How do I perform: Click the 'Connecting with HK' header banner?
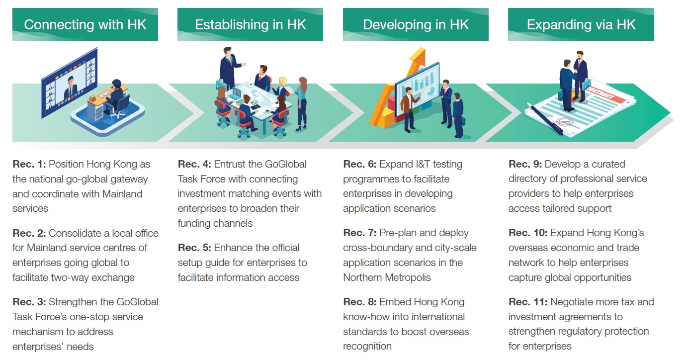[85, 24]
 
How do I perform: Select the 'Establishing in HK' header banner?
[250, 24]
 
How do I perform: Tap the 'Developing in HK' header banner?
[416, 24]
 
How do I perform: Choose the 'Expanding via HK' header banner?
[581, 24]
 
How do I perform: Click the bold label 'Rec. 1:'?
[29, 164]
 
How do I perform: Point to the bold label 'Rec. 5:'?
[194, 248]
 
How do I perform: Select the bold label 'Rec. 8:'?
[360, 302]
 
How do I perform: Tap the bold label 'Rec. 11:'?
[528, 302]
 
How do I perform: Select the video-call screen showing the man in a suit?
[70, 83]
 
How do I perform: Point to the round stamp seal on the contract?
[565, 122]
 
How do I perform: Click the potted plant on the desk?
[92, 98]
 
